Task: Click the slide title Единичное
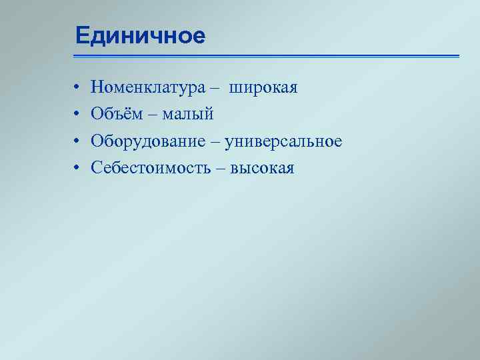140,35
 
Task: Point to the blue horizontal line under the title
267,56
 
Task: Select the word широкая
263,87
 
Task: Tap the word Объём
117,115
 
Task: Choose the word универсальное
283,141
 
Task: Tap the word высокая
262,168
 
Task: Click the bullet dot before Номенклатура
77,88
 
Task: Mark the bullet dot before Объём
77,115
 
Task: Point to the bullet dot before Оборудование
77,141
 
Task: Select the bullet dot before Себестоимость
77,168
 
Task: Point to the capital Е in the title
81,35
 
